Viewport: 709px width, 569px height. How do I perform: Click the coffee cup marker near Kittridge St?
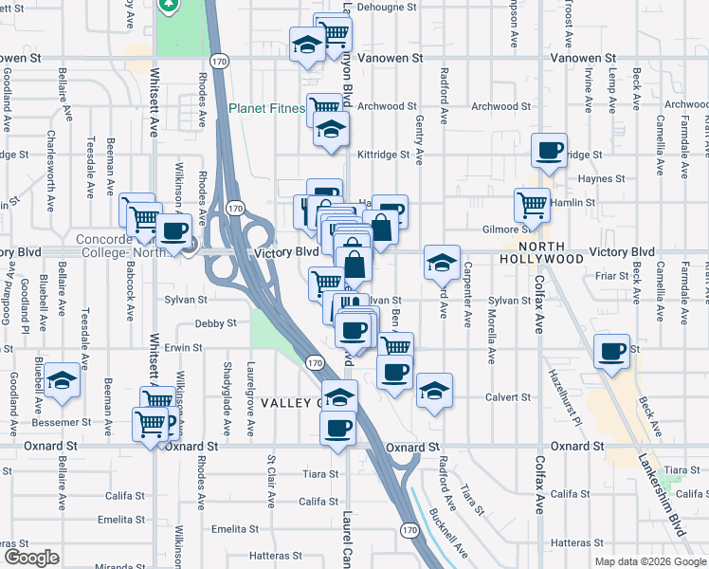(x=549, y=150)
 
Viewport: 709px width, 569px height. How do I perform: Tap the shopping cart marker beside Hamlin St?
(x=532, y=203)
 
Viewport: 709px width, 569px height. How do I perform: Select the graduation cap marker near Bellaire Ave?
(x=63, y=380)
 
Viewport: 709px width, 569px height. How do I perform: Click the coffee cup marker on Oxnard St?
(x=337, y=429)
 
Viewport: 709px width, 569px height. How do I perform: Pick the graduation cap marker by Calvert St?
(x=434, y=390)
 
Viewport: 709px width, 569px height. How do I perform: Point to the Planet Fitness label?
(x=266, y=108)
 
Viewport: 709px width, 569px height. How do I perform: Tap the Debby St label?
(x=215, y=323)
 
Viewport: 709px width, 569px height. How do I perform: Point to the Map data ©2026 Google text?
(x=650, y=560)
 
